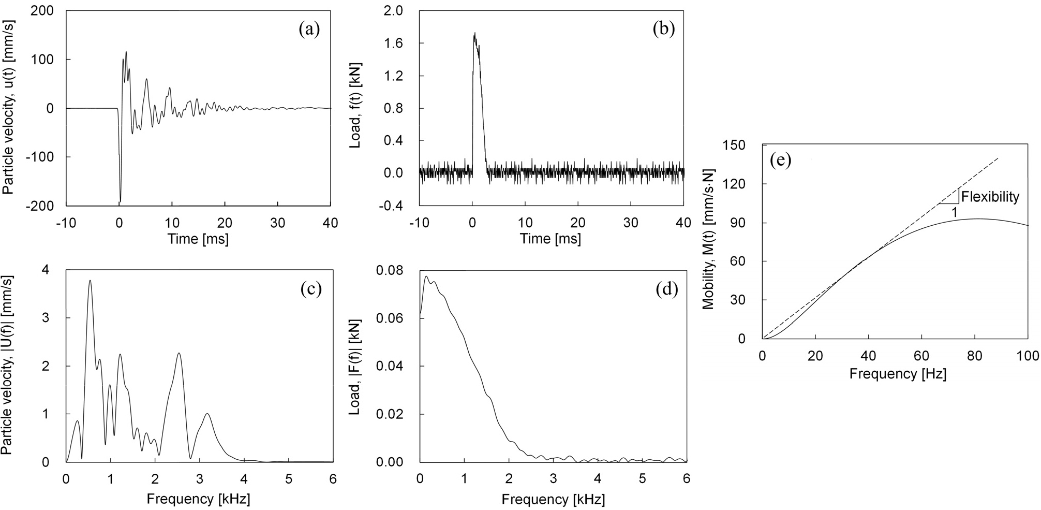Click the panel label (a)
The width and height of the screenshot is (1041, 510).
(x=309, y=30)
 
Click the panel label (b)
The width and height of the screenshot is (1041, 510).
(x=664, y=30)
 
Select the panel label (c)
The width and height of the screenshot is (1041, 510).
(x=311, y=289)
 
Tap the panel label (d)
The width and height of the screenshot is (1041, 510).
(x=666, y=289)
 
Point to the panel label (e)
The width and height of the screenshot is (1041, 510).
(x=780, y=161)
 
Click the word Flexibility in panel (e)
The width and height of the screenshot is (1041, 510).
(x=990, y=197)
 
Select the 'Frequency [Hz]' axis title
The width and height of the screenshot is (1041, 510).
(x=898, y=373)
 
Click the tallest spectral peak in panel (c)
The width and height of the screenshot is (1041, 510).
(x=90, y=281)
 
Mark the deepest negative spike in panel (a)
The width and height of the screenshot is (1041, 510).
(x=120, y=201)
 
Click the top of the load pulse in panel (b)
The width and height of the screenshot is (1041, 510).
(x=474, y=34)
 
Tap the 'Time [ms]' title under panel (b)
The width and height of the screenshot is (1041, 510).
(x=551, y=239)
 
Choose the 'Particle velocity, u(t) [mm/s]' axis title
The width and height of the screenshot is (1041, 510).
(x=8, y=108)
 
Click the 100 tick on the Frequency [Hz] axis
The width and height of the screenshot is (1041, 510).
(x=1027, y=356)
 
